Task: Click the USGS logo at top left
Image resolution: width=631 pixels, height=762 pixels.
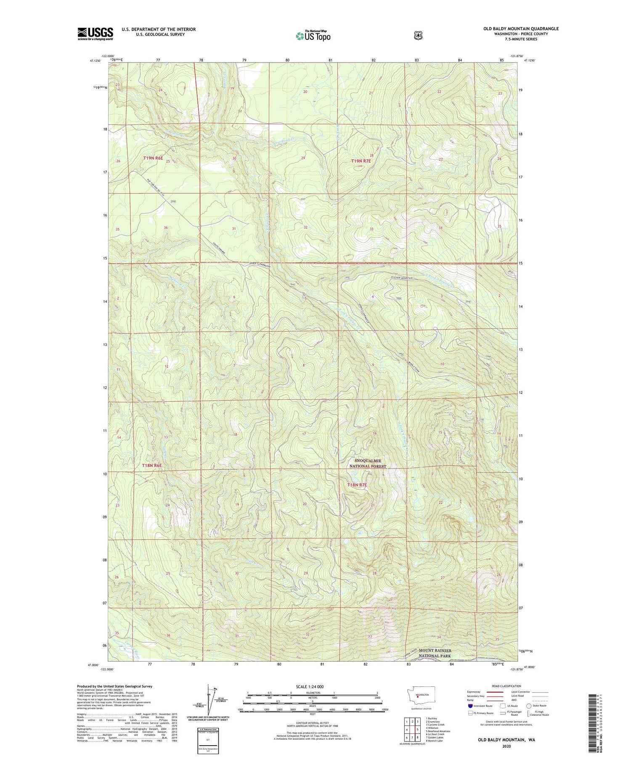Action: coord(95,34)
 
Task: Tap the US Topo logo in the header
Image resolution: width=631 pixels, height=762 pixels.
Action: coord(313,36)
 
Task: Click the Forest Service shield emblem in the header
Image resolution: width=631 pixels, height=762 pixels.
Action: coord(418,36)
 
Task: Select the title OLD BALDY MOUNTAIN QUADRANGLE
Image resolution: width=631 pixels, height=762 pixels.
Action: coord(521,29)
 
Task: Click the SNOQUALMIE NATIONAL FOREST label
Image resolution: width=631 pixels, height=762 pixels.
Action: coord(368,463)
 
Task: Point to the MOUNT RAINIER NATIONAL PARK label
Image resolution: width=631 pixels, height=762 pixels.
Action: coord(435,653)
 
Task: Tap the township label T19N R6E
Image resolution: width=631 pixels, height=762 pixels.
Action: coord(153,158)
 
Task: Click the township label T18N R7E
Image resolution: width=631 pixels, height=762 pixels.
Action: coord(357,485)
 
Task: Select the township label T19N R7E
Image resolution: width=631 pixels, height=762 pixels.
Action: coord(361,161)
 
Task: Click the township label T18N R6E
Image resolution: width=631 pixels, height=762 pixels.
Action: coord(152,466)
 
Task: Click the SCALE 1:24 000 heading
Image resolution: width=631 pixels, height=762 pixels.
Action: coord(310,687)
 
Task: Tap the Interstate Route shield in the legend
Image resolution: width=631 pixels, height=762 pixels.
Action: coord(470,706)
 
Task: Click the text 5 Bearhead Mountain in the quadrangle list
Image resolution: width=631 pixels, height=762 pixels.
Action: coord(437,731)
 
